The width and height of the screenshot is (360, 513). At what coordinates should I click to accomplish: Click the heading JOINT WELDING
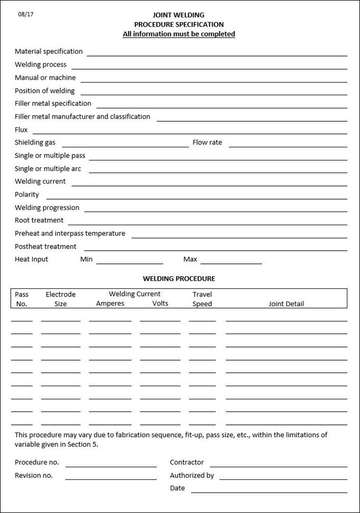179,15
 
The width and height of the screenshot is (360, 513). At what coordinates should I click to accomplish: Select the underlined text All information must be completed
179,34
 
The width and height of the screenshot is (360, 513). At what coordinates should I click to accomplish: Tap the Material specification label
48,51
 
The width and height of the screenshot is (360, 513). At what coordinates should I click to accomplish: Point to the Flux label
21,130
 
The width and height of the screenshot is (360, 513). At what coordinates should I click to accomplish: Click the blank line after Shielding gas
125,146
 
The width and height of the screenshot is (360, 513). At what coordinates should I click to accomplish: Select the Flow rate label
207,143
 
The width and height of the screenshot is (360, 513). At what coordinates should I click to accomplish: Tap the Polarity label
26,195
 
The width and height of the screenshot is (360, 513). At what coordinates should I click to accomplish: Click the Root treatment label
39,221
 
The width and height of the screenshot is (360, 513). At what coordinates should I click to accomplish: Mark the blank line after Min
129,263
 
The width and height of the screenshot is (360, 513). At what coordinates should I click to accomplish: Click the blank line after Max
231,263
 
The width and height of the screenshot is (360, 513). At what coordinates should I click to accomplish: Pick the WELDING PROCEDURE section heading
179,279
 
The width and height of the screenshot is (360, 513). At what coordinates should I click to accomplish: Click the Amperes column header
110,304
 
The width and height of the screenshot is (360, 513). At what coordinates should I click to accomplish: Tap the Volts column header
160,304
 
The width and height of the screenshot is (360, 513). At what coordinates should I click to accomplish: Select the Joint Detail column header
286,304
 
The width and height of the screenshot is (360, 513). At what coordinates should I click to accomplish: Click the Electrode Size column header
61,299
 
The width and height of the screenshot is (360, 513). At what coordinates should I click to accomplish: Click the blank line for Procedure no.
110,466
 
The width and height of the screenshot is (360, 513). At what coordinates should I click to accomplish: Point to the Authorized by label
192,475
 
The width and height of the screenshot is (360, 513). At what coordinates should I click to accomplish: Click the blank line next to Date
269,492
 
